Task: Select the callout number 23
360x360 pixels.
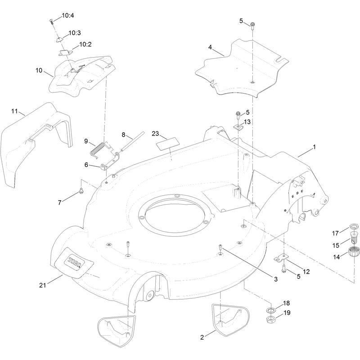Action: [x=155, y=134]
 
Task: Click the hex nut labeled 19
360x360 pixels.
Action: [x=271, y=319]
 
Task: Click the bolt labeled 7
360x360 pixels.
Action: [x=81, y=190]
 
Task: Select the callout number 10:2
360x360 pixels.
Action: [x=85, y=44]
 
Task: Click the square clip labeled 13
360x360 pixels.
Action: [x=239, y=127]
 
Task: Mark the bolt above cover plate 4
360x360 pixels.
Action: [x=252, y=26]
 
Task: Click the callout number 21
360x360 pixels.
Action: [x=42, y=285]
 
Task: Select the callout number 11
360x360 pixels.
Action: [x=14, y=111]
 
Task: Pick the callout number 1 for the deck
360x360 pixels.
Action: [x=314, y=147]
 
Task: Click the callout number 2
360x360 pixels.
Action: [x=202, y=337]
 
